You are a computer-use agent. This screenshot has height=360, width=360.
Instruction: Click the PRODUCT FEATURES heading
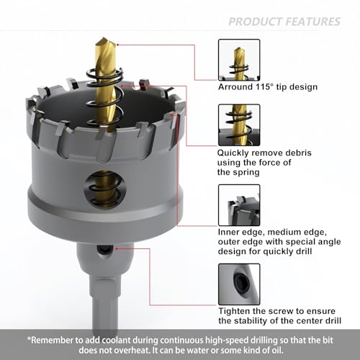(x=284, y=21)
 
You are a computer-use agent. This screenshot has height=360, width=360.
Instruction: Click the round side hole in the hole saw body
(x=105, y=184)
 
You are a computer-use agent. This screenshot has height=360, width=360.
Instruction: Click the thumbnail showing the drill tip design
(x=238, y=58)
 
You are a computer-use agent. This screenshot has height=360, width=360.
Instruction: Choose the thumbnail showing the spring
(x=238, y=125)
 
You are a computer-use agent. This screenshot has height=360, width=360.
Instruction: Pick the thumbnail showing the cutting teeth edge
(x=238, y=205)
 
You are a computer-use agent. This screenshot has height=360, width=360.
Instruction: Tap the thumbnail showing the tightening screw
(x=238, y=284)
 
